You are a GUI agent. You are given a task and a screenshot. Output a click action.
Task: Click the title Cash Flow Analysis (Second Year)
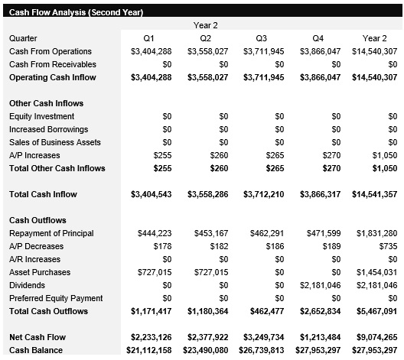[76, 13]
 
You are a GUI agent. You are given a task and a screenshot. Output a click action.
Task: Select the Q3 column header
[262, 38]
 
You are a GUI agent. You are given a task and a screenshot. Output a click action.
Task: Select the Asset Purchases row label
[40, 272]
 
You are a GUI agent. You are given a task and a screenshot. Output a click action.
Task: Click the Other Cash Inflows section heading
[46, 103]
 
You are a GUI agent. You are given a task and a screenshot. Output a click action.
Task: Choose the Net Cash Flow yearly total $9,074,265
[376, 337]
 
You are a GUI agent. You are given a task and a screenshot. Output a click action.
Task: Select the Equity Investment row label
[41, 116]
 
